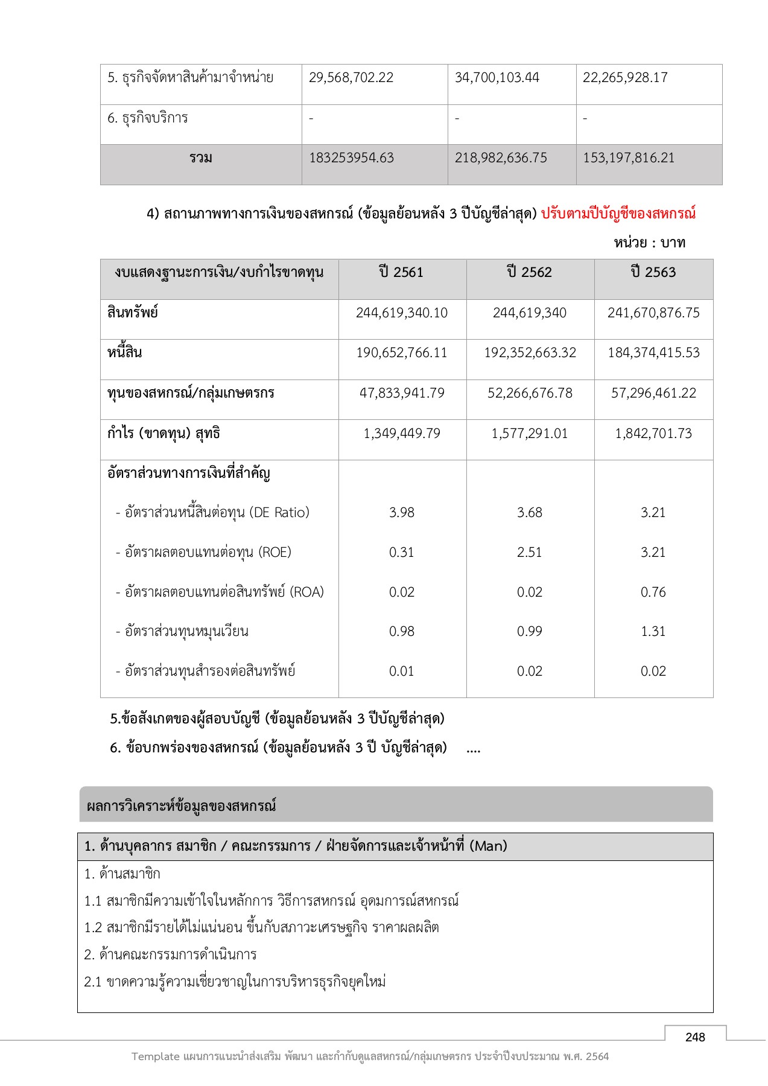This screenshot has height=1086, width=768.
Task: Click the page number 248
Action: [695, 1037]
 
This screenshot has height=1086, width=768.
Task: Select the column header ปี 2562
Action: [529, 273]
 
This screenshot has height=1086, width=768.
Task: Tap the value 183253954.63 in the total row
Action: [351, 158]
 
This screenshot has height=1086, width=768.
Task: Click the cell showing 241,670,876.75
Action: [653, 313]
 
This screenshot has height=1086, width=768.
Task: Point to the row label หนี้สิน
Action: [125, 353]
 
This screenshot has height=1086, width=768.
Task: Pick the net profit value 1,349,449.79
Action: [402, 434]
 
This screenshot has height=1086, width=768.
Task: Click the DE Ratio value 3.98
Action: [402, 513]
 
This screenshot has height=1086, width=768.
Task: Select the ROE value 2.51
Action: [529, 553]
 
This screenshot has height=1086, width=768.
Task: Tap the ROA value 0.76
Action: [653, 592]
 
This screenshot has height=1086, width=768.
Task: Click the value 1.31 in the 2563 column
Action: [653, 632]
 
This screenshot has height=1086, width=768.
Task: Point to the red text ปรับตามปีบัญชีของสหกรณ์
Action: [618, 214]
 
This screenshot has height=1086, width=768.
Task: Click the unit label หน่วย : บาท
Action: [650, 243]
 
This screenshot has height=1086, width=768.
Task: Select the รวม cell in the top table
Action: [201, 158]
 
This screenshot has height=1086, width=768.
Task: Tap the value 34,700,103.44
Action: [497, 78]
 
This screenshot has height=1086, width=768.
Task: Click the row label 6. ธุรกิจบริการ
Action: [148, 118]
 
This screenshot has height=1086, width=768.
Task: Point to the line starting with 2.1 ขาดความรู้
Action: [235, 982]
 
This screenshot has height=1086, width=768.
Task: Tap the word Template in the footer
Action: [156, 1056]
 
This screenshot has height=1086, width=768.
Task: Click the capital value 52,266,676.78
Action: [530, 393]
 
